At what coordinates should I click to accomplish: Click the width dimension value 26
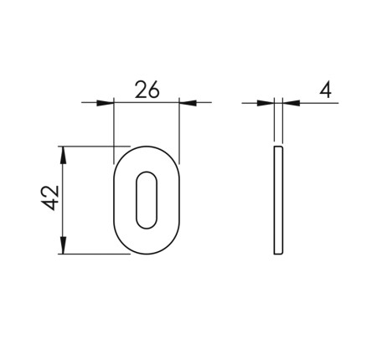point(146,90)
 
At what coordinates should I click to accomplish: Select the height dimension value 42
point(49,199)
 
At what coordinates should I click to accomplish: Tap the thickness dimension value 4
point(326,90)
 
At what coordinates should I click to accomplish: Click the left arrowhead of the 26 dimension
point(106,103)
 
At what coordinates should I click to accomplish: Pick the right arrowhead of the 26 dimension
point(186,103)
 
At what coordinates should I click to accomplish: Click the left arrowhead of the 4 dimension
point(267,103)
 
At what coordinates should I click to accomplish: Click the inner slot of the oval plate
point(146,200)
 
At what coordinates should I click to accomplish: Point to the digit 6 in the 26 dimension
point(154,90)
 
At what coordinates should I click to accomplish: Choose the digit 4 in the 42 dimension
point(49,207)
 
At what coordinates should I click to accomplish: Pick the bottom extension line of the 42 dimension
point(96,255)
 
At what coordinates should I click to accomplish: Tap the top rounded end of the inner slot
point(146,177)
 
